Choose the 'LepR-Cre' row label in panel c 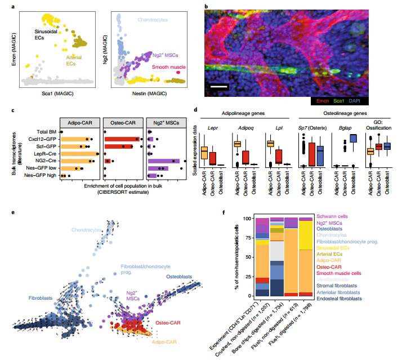click(46, 153)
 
